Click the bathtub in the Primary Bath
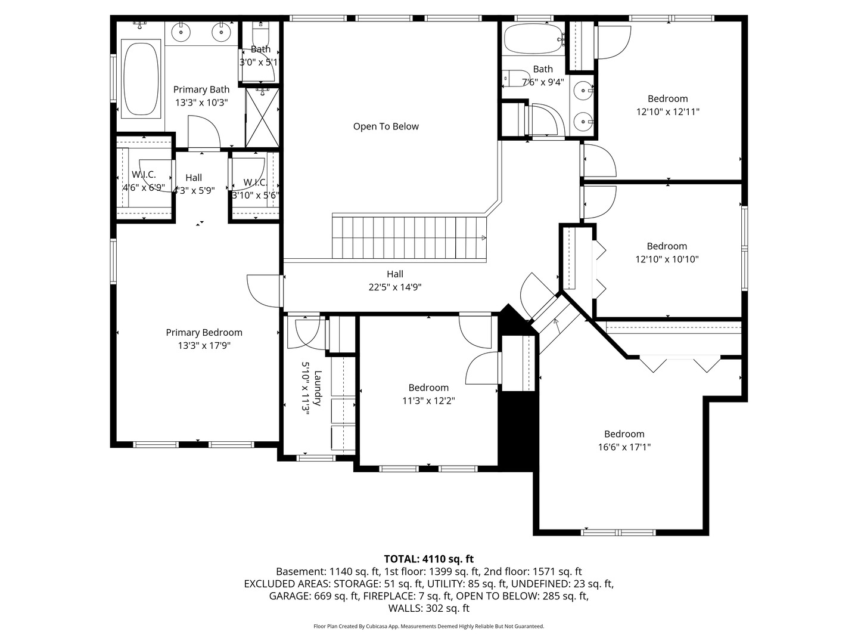coord(141,77)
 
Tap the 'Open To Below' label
coord(386,126)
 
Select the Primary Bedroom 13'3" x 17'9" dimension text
coord(204,345)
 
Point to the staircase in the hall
coord(409,238)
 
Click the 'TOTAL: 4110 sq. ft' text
coord(428,559)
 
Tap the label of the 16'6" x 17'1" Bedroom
coord(624,434)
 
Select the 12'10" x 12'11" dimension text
coord(667,112)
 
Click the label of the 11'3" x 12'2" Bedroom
coord(428,388)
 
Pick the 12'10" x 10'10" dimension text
coord(667,259)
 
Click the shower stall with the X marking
coord(262,117)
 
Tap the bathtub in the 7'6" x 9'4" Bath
coord(532,39)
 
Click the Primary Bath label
coord(201,89)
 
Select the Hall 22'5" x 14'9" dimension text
coord(394,287)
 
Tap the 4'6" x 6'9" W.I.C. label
coord(144,175)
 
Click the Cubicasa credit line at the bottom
coord(428,626)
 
